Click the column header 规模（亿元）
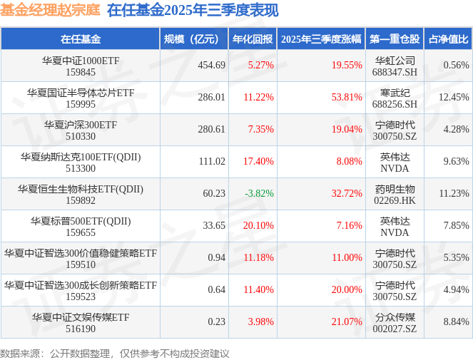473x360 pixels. coord(192,38)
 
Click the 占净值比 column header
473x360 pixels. coord(449,38)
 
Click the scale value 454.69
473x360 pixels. coord(211,65)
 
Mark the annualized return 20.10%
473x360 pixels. coord(258,225)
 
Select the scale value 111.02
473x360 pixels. coord(211,161)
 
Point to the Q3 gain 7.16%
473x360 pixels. coord(350,225)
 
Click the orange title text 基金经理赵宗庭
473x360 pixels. coord(50,11)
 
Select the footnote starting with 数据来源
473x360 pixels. coord(115,353)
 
